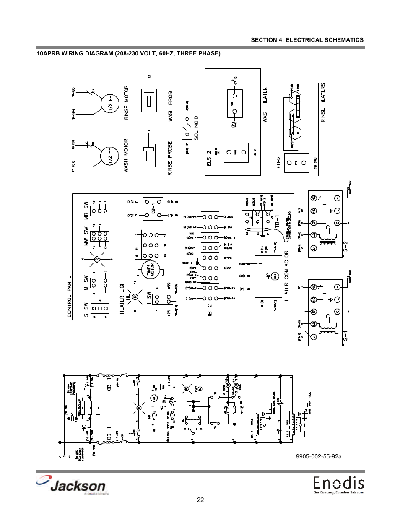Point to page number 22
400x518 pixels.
[200, 500]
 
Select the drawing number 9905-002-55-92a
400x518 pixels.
[318, 456]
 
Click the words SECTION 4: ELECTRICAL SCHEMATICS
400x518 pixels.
[307, 40]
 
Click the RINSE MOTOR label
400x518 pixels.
[126, 103]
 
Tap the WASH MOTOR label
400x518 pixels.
[126, 156]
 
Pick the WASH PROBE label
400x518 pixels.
[171, 105]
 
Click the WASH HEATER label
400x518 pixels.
[265, 105]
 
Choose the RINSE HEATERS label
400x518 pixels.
[323, 102]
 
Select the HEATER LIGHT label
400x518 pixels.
[122, 296]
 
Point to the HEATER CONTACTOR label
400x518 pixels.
[287, 276]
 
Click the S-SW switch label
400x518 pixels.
[86, 310]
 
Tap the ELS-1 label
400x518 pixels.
[346, 338]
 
